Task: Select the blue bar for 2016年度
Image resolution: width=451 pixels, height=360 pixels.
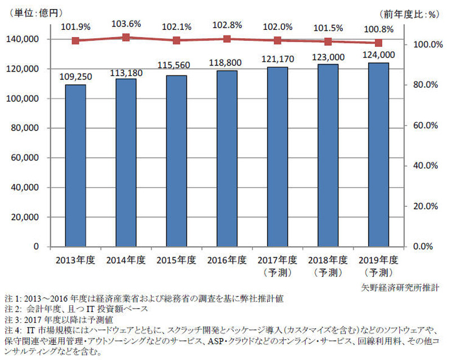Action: tap(227, 158)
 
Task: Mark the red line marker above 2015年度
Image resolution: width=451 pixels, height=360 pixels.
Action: tap(176, 41)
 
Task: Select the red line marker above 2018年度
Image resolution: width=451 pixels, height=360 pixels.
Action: tap(328, 42)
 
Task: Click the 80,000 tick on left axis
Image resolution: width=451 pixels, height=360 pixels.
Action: tap(24, 128)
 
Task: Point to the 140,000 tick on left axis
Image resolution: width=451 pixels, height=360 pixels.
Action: tap(23, 39)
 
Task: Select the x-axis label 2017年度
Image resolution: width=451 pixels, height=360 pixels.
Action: tap(278, 260)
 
